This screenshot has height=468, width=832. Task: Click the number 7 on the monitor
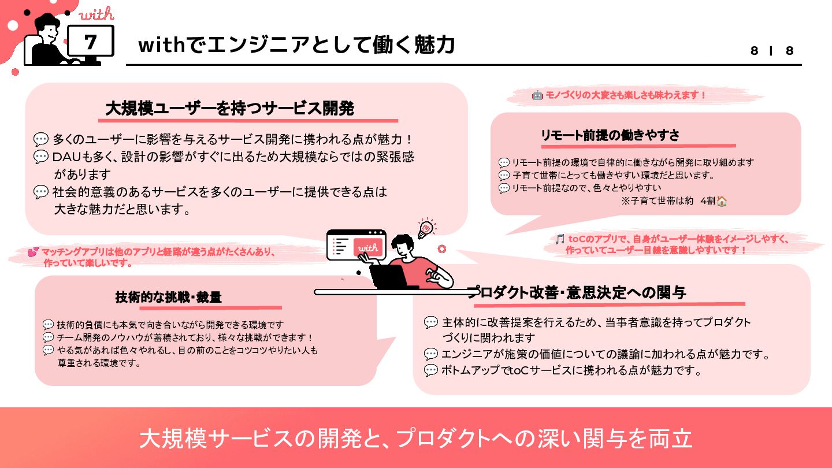(91, 42)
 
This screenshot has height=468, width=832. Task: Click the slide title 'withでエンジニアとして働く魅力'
(296, 45)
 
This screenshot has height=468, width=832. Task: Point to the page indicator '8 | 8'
(772, 51)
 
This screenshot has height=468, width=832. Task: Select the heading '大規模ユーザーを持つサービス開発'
(230, 108)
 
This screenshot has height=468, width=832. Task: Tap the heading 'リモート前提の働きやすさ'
(610, 135)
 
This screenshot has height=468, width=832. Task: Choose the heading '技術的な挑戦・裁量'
(169, 298)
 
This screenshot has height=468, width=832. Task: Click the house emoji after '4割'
(722, 201)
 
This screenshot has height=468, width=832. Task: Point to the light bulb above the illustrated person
(426, 228)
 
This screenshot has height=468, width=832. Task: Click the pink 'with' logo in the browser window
(367, 247)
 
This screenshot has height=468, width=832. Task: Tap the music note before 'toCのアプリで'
(559, 239)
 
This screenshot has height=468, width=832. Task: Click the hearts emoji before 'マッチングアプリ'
(33, 252)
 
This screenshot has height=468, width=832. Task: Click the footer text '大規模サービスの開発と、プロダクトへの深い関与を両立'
(416, 439)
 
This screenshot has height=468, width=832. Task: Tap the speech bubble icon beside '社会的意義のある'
(41, 192)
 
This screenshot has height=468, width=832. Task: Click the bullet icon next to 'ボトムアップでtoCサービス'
(431, 370)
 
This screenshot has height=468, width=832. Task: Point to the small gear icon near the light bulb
(442, 249)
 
